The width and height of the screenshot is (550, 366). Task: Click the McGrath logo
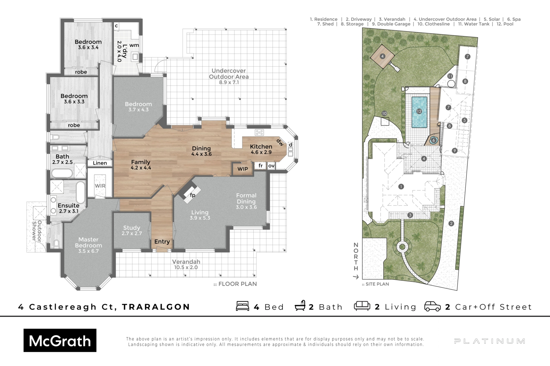coord(60,340)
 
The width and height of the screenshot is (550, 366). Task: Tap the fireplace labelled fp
coord(192,195)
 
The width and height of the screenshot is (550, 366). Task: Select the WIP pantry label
coord(243,169)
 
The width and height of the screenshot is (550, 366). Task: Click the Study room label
coord(132,228)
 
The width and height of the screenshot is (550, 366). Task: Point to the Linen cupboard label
coord(100,163)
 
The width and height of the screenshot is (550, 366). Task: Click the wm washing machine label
coord(134,45)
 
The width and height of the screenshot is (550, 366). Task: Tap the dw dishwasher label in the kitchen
coord(280,142)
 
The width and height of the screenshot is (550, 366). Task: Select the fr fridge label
coord(261,165)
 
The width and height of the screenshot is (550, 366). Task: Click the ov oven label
coord(271,166)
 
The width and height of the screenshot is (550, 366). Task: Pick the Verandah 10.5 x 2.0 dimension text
coord(186,267)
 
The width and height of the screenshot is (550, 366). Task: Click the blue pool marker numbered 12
coord(419,111)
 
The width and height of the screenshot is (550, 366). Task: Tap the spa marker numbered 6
coord(433,140)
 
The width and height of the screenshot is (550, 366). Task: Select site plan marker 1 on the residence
coord(401,187)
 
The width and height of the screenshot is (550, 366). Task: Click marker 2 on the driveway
coord(451,224)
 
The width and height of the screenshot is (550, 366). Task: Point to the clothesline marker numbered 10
coord(384,113)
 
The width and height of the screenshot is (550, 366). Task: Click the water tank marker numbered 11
coord(450,76)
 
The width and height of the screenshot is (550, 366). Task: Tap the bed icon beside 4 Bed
coord(243,306)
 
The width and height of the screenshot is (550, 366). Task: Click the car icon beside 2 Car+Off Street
coord(432,306)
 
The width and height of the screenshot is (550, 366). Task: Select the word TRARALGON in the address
coord(156,307)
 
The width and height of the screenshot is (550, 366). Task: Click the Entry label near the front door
coord(162,242)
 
